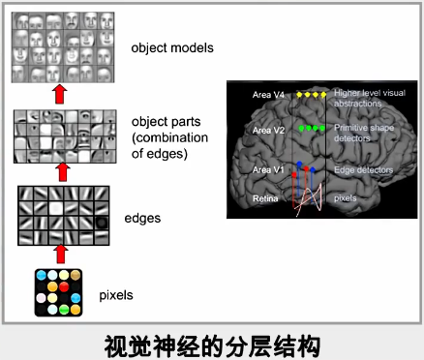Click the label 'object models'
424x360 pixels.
[x=171, y=45]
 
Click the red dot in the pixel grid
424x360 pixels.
[x=65, y=287]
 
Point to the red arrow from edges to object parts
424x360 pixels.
[x=65, y=172]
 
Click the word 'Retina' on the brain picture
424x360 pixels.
[x=265, y=198]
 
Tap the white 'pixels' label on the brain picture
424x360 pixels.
[x=347, y=198]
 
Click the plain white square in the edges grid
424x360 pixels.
[x=57, y=208]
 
